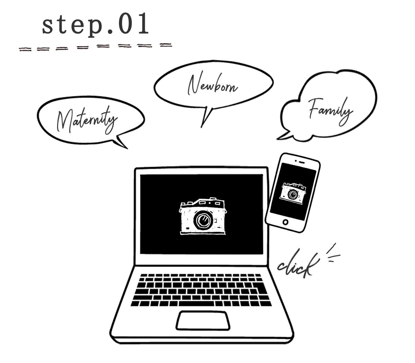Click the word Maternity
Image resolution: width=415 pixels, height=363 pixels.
click(x=86, y=121)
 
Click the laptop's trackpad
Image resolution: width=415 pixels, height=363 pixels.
click(x=203, y=320)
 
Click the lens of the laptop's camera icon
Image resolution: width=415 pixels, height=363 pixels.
click(x=203, y=220)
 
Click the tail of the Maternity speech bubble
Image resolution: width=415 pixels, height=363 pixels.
click(x=121, y=142)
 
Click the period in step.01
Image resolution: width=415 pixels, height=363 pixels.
click(x=108, y=32)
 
